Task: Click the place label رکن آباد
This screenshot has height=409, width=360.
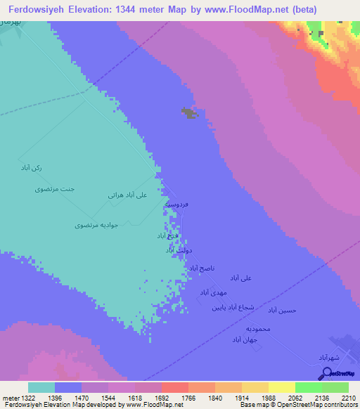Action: (x=32, y=169)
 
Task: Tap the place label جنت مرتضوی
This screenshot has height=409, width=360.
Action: (x=54, y=190)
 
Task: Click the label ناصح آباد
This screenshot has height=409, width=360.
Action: (x=202, y=268)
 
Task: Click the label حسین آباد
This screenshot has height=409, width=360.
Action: (x=292, y=310)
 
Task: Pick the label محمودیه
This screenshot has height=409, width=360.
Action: (x=258, y=328)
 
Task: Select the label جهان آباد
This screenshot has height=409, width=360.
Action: (x=246, y=339)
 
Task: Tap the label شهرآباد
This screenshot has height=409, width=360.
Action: (x=328, y=358)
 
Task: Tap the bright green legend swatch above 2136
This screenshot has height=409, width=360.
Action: (x=309, y=387)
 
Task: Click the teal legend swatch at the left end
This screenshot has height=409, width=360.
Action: (x=41, y=387)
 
